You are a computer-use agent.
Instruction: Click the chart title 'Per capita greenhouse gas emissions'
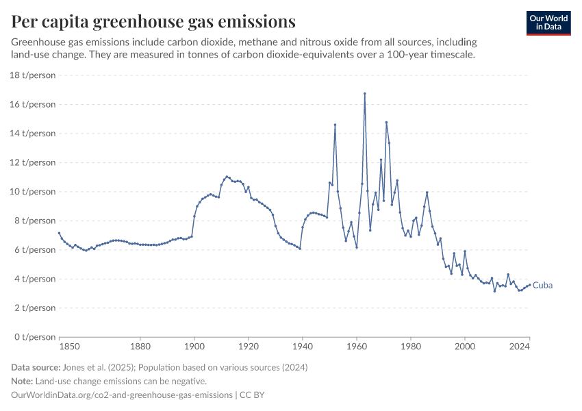pos(153,22)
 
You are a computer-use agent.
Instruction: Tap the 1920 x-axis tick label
pos(249,347)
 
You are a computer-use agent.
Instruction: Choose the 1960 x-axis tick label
pos(357,347)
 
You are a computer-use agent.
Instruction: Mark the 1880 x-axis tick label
pos(140,347)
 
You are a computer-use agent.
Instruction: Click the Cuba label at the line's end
pos(542,285)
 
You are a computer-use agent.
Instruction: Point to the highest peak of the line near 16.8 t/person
pos(365,93)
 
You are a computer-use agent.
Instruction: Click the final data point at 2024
pos(529,285)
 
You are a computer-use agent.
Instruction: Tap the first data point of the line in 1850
pos(59,233)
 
